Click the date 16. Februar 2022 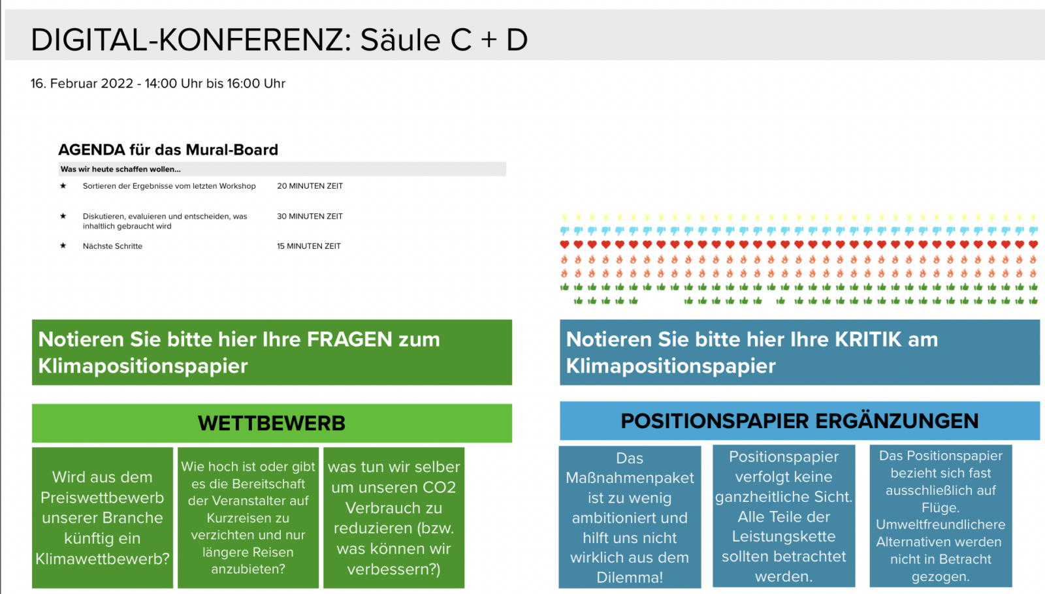[x=82, y=84]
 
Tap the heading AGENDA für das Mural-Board [x=168, y=149]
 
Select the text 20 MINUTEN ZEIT [x=310, y=186]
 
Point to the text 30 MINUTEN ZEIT [x=310, y=216]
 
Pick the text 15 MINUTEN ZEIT [x=309, y=246]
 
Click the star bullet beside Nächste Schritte [x=63, y=245]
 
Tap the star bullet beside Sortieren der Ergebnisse [x=63, y=185]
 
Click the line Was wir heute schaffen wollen [x=120, y=169]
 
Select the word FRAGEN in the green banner [x=349, y=339]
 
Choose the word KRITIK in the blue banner [x=868, y=339]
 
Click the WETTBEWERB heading [x=272, y=424]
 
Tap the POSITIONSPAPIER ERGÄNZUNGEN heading [x=799, y=421]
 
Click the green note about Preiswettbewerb [x=102, y=518]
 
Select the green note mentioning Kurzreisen [x=248, y=518]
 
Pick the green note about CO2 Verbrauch [x=394, y=518]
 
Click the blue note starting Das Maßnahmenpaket [x=630, y=516]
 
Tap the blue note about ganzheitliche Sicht [x=784, y=516]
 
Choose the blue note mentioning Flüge [x=940, y=516]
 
